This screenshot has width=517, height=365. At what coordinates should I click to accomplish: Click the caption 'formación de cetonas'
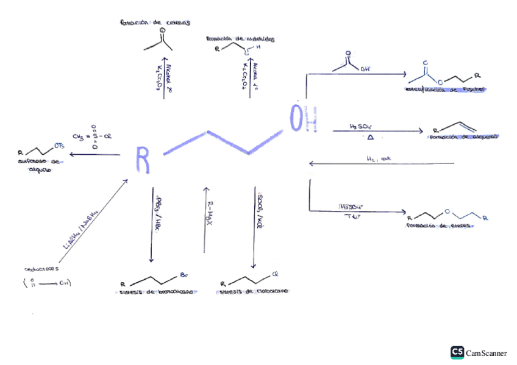click(155, 22)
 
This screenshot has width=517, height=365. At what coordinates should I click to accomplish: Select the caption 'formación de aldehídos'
click(240, 39)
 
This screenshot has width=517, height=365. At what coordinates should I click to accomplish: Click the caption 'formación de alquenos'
click(463, 137)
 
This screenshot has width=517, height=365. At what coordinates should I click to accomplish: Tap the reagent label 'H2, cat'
click(378, 158)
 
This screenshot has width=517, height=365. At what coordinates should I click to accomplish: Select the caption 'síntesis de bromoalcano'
click(159, 292)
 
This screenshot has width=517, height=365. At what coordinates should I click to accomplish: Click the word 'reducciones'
click(41, 268)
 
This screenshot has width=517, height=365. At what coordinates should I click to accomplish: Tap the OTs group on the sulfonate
click(59, 146)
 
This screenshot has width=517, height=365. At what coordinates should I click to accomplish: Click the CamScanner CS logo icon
click(457, 352)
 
